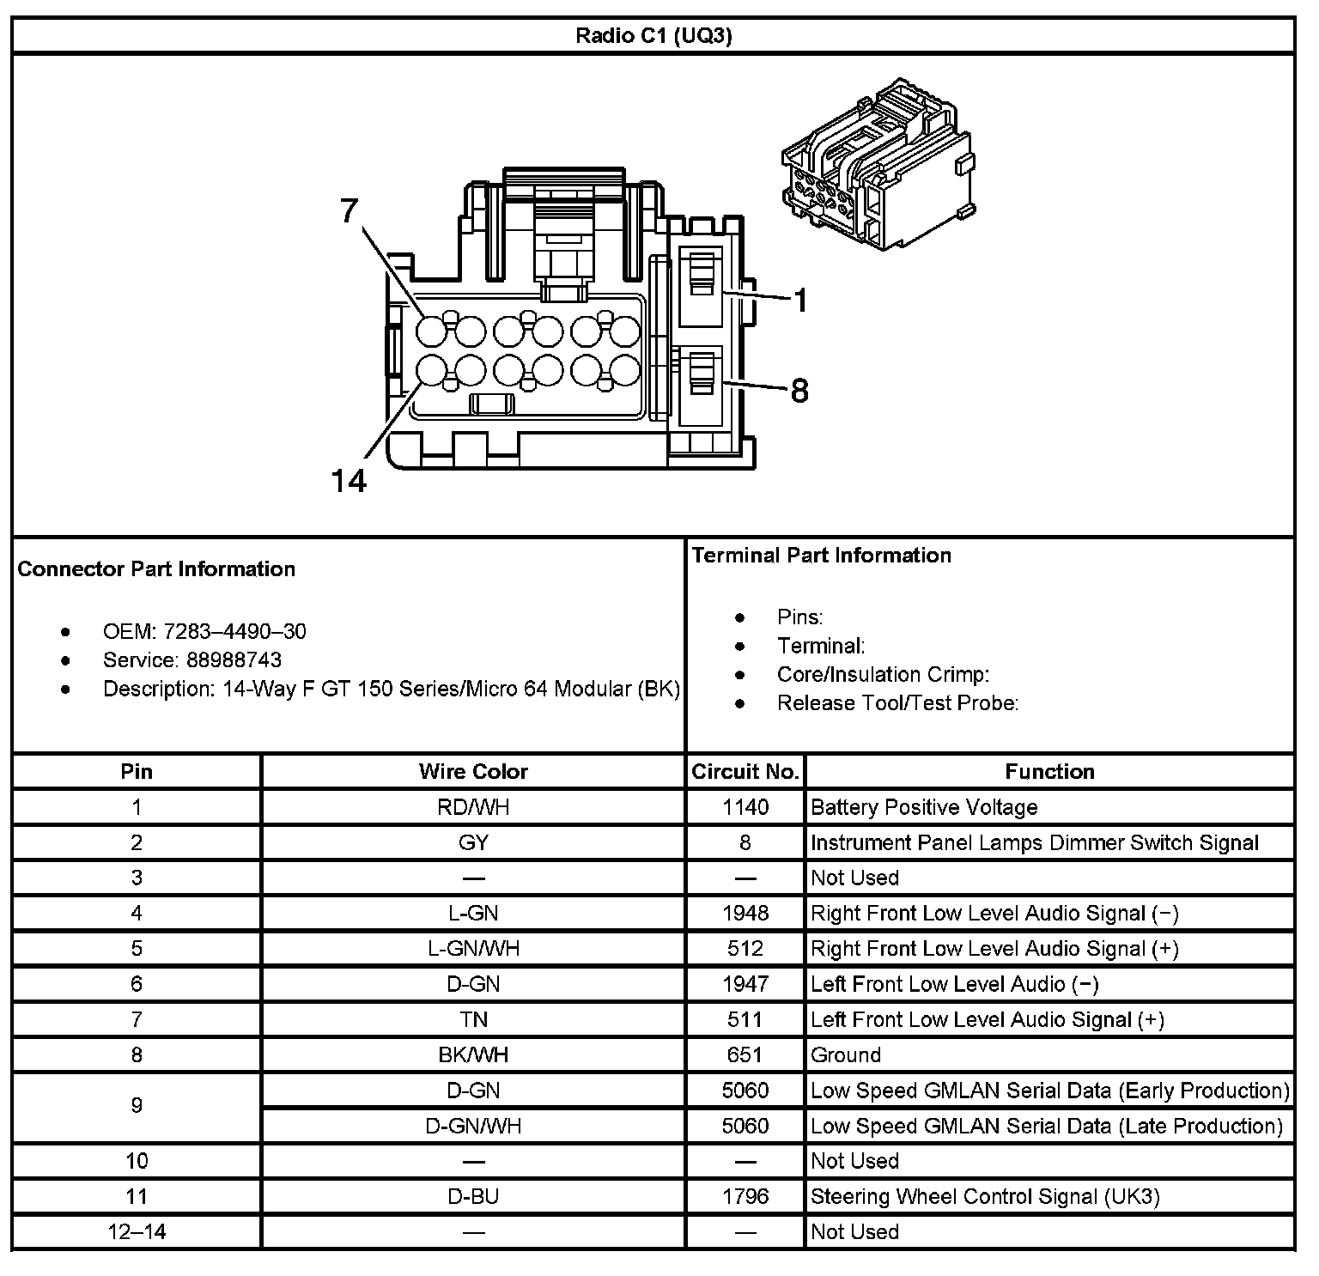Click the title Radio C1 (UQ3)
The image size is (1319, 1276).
pos(653,36)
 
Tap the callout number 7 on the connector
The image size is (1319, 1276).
pos(348,210)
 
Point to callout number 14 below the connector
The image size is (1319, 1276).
pos(349,481)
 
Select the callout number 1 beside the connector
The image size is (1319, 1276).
pos(799,301)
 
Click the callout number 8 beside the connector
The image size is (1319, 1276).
pos(799,391)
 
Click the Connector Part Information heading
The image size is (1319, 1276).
pos(156,569)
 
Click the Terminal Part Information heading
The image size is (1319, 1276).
pos(821,556)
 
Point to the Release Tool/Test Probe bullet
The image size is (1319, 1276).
pos(897,703)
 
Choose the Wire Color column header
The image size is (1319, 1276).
pos(473,771)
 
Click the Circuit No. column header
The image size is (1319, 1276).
pos(745,771)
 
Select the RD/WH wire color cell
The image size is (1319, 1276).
pos(473,807)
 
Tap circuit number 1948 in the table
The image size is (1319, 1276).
pos(745,913)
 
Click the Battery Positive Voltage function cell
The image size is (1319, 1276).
pos(924,807)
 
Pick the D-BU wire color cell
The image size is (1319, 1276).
pos(473,1196)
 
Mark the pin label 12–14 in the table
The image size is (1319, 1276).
pos(137,1231)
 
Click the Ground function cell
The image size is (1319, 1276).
pos(846,1054)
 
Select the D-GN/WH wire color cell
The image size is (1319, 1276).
pos(473,1126)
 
